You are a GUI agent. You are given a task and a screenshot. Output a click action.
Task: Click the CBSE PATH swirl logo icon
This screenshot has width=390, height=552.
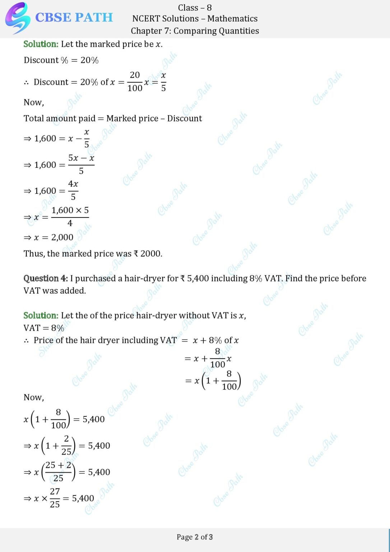pos(17,18)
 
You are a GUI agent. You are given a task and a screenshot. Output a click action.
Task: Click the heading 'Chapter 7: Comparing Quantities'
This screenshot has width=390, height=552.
pos(195,31)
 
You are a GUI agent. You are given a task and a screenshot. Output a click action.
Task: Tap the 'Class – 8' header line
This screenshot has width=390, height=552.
pos(195,8)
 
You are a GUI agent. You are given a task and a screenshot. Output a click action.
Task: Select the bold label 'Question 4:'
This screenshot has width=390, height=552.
pos(46,279)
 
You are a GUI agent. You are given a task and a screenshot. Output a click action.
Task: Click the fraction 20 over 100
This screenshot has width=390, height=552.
pos(135,82)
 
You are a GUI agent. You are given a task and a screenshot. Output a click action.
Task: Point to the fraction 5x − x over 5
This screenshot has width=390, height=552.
pos(81,164)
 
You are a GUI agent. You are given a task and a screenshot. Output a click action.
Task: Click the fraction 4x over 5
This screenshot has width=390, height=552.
pos(73,190)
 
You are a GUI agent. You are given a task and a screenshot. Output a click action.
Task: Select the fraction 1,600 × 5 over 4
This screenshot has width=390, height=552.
pos(70,216)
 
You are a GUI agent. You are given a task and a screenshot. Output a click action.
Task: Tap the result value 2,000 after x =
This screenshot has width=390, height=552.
pos(62,237)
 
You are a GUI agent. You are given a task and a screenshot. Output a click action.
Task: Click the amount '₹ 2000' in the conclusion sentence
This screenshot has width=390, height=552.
pos(148,254)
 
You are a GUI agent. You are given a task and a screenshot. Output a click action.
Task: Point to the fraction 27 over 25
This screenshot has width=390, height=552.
pos(55,498)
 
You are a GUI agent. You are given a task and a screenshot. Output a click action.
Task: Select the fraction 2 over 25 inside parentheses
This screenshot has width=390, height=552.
pos(66,445)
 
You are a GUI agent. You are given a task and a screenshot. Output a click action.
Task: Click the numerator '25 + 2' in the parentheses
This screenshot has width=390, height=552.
pos(58,465)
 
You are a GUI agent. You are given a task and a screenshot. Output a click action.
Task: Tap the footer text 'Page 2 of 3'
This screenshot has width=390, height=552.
pos(195,537)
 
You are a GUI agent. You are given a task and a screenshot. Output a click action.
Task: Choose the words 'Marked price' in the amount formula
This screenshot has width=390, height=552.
pos(132,119)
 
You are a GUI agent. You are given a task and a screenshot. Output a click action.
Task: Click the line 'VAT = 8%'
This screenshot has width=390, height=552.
pos(44,328)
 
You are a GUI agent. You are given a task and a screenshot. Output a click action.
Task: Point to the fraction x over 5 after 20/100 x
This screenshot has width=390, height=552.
pos(163,82)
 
